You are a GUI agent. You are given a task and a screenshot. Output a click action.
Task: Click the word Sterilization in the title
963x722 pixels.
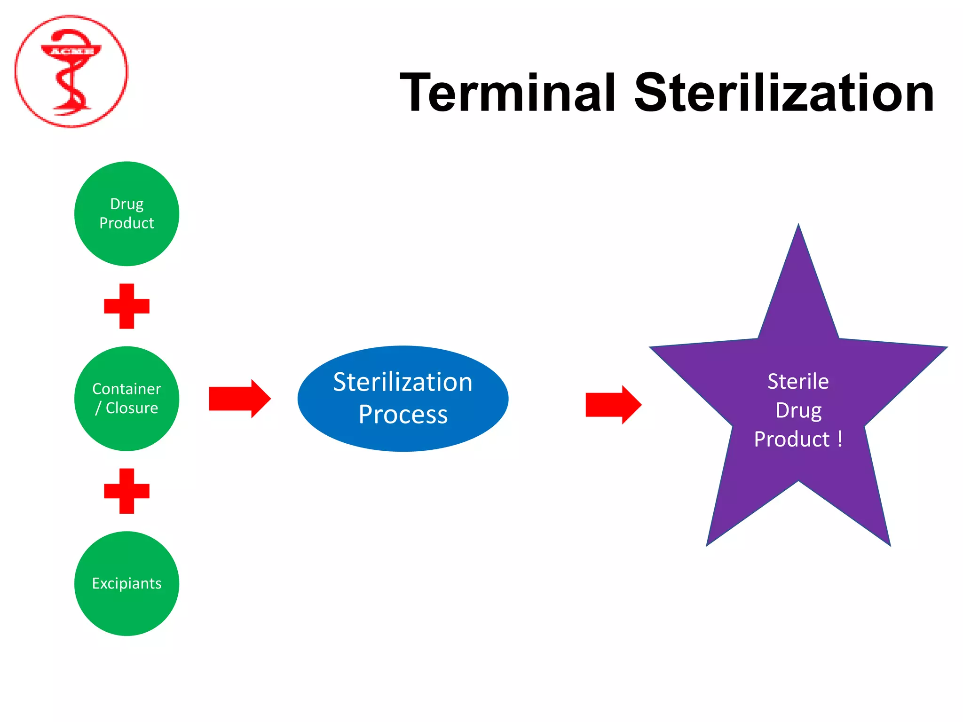click(784, 93)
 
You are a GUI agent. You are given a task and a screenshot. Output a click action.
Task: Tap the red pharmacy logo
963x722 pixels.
click(71, 71)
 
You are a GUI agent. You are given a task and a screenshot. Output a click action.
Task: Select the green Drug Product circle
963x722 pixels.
click(126, 214)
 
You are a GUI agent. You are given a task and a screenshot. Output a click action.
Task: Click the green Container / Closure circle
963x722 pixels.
click(126, 399)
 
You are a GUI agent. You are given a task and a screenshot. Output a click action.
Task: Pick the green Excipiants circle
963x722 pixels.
click(126, 583)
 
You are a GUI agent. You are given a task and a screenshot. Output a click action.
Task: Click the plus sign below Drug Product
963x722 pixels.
click(126, 306)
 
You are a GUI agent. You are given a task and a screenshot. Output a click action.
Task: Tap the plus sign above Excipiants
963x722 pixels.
click(126, 491)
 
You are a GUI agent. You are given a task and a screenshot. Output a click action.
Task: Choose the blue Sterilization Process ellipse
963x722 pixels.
click(403, 399)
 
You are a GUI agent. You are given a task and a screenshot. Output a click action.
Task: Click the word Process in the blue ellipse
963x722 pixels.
click(403, 415)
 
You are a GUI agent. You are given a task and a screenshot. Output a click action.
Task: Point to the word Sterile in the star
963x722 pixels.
click(798, 381)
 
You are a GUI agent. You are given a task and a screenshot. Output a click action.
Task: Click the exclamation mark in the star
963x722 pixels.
click(840, 439)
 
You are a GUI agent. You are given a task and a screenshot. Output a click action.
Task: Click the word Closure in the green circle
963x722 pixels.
click(132, 408)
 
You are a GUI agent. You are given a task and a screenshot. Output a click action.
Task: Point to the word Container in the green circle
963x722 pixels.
click(126, 389)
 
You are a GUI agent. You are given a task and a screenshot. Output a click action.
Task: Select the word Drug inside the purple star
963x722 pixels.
click(798, 410)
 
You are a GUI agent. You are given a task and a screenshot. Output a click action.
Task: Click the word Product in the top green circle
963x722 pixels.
click(126, 223)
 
